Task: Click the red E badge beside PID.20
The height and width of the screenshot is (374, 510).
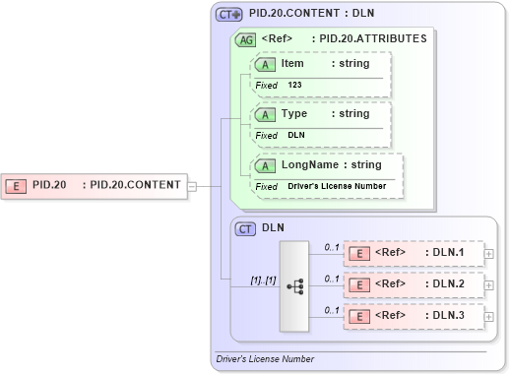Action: click(x=16, y=184)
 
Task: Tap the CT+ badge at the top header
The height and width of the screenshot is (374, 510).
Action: click(x=229, y=15)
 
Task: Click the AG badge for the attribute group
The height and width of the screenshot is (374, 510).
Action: click(x=244, y=39)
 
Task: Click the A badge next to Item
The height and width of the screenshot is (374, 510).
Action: click(x=264, y=64)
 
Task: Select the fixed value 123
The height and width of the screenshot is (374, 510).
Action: click(x=295, y=86)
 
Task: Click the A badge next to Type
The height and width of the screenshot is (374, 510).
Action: click(x=264, y=114)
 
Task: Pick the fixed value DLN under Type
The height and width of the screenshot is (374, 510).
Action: click(x=296, y=135)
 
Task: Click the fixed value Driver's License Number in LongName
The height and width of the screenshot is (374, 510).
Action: click(x=337, y=186)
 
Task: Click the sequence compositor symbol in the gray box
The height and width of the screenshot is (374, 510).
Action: click(x=294, y=285)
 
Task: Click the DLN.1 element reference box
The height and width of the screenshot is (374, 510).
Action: click(x=413, y=253)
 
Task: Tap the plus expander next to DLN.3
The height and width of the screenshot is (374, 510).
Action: click(x=489, y=317)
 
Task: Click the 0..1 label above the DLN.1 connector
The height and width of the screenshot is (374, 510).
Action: click(x=332, y=246)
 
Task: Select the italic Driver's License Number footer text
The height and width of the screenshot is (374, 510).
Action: click(x=265, y=359)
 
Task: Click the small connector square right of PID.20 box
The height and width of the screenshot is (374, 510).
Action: click(x=192, y=184)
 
